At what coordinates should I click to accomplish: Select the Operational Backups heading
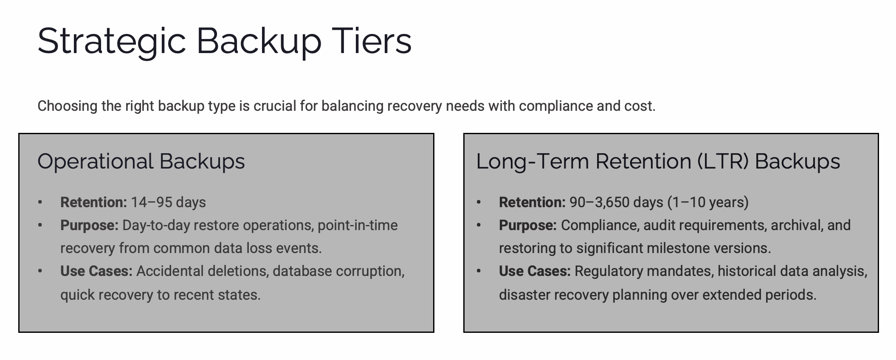[x=141, y=162]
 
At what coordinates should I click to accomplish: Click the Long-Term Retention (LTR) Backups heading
[x=658, y=162]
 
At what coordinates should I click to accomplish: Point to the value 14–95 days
[x=168, y=202]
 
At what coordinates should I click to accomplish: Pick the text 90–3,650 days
[x=616, y=202]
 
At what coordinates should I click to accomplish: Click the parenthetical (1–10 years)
[x=708, y=202]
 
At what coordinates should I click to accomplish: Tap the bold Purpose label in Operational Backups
[x=89, y=225]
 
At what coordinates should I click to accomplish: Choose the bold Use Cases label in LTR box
[x=535, y=271]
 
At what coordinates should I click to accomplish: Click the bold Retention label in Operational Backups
[x=93, y=202]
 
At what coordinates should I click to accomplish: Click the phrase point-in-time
[x=358, y=225]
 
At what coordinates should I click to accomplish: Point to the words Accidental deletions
[x=203, y=271]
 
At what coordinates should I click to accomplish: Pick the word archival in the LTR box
[x=797, y=225]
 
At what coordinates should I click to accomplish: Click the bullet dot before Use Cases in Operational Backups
[x=40, y=271]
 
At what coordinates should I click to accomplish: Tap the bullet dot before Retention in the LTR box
[x=479, y=202]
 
